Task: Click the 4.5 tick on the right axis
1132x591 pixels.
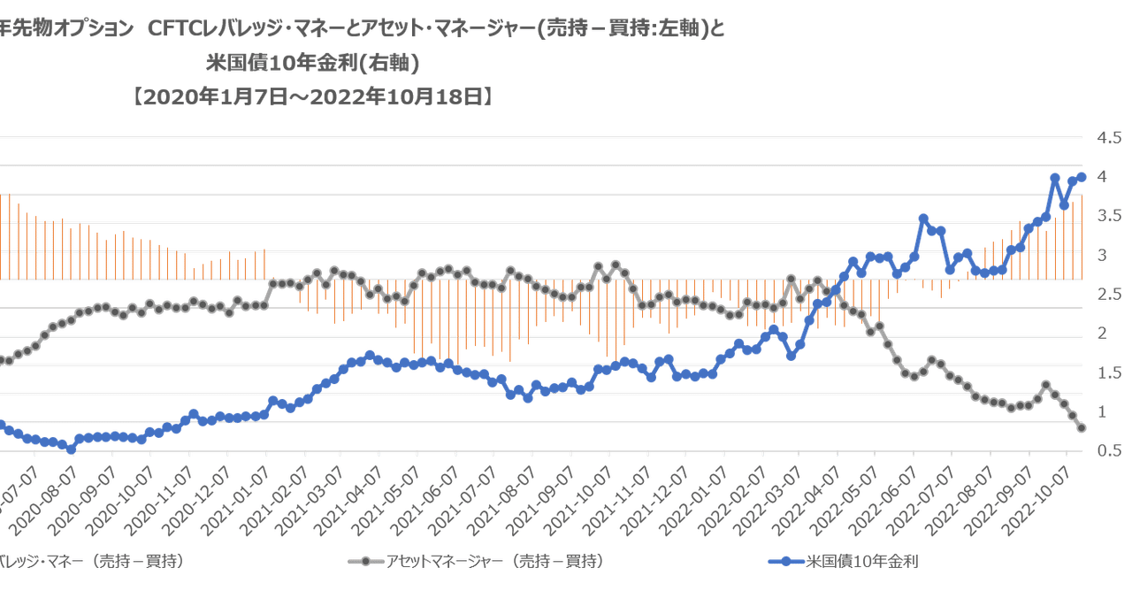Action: [1109, 138]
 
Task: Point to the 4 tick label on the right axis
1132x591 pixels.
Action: [1102, 177]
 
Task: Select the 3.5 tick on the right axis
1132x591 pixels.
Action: [1109, 216]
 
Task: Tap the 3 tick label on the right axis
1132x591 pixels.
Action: [1102, 256]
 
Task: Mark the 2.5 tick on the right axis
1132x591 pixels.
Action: [1109, 295]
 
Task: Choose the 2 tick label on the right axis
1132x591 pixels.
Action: [1102, 334]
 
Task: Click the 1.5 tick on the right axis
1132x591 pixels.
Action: [1109, 372]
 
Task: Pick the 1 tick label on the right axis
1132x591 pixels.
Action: [1102, 412]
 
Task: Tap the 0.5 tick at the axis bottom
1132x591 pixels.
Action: [1109, 451]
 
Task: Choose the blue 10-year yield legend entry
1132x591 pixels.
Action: [840, 561]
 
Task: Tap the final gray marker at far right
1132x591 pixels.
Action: [1081, 428]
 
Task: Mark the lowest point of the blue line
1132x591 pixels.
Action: [72, 450]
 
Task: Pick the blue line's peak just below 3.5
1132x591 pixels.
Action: [922, 218]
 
